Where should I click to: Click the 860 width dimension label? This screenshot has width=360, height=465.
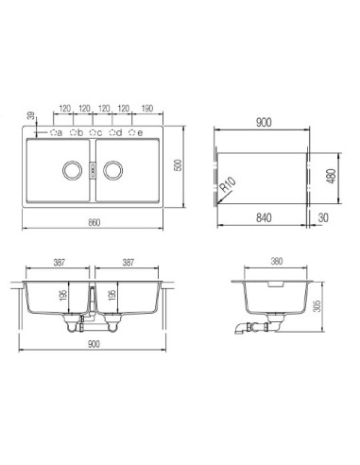pyautogui.click(x=94, y=222)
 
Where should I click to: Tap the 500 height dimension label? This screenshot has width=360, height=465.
pyautogui.click(x=179, y=165)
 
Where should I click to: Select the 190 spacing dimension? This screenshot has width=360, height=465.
pyautogui.click(x=146, y=109)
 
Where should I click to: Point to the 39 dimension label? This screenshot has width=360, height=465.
pyautogui.click(x=31, y=115)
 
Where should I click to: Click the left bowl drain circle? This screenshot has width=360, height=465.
pyautogui.click(x=72, y=170)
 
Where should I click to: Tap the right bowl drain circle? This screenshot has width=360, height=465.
pyautogui.click(x=112, y=170)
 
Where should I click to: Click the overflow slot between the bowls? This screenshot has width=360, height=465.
pyautogui.click(x=93, y=170)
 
